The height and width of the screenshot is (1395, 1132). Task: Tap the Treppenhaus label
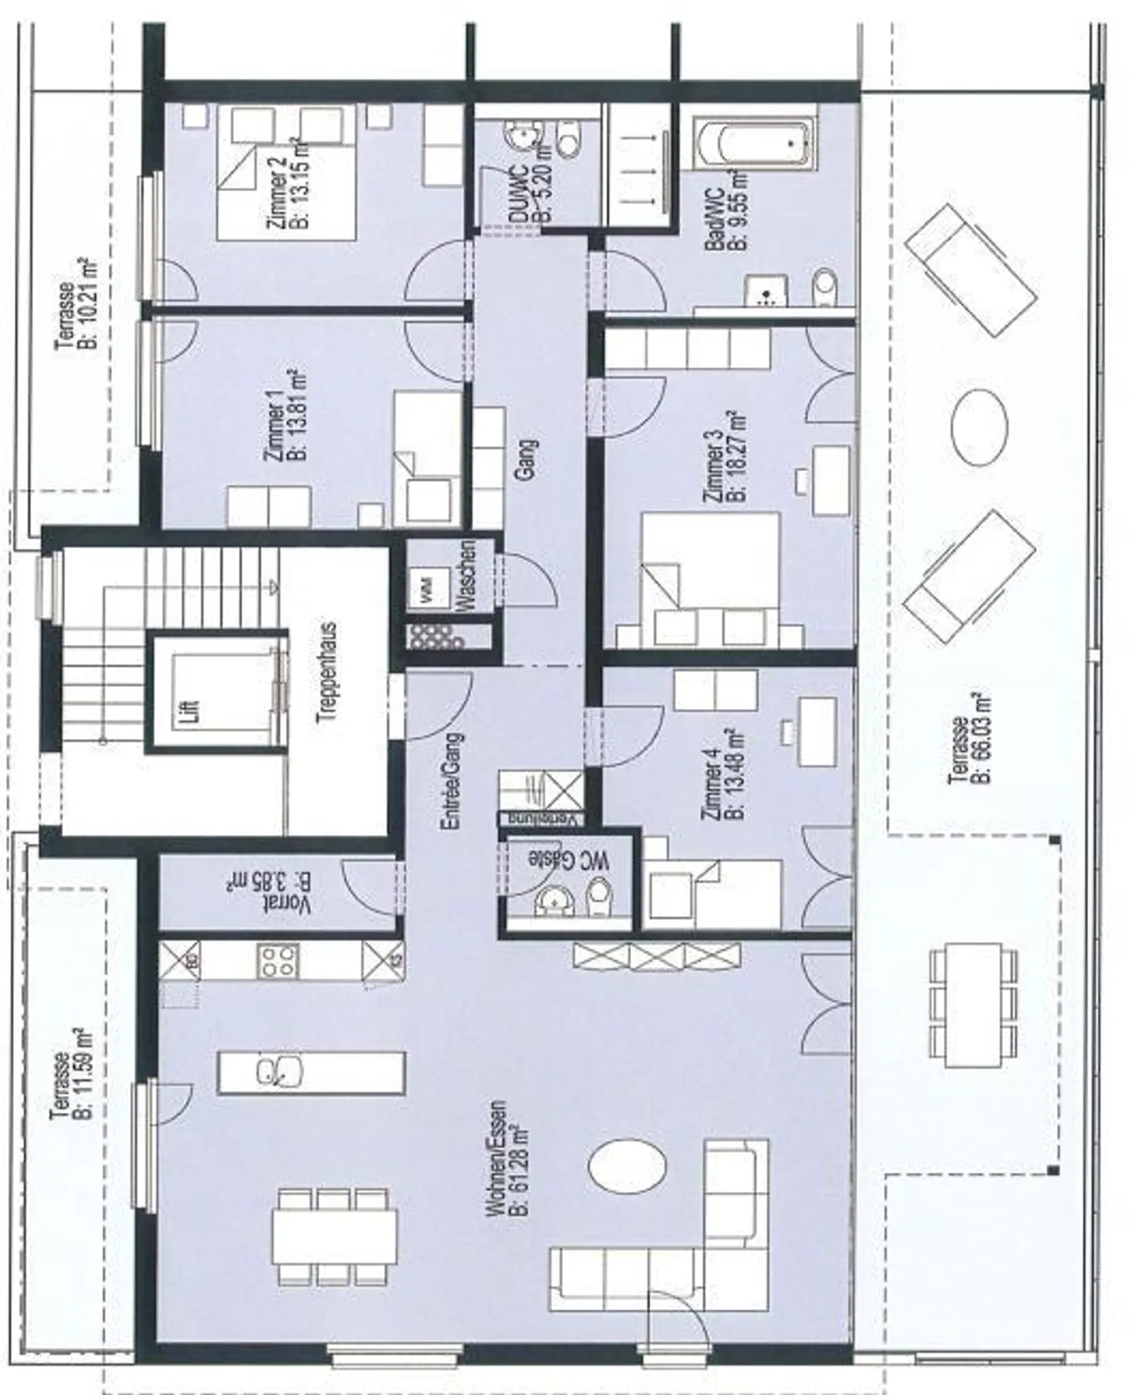tap(329, 672)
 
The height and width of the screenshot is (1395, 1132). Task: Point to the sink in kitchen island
tap(279, 1071)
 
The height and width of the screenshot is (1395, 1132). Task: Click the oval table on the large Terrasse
tap(979, 429)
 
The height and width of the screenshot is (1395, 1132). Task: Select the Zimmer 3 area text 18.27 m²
tap(737, 456)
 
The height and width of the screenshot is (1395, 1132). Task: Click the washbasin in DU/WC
tap(520, 135)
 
